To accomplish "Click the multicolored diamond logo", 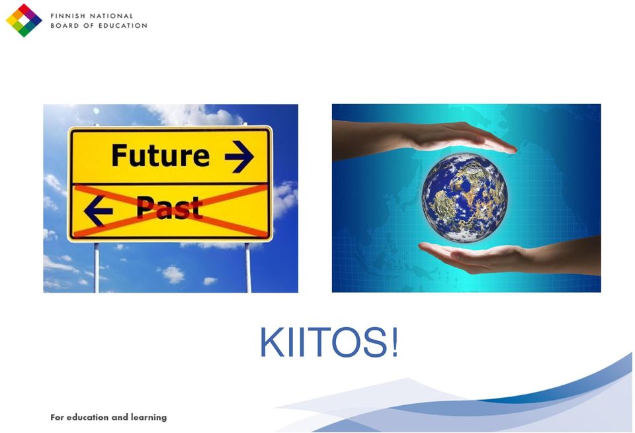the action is (x=24, y=21).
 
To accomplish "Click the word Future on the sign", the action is (x=160, y=156).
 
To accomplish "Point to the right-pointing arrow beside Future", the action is (x=239, y=156).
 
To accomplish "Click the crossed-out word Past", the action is (x=169, y=208).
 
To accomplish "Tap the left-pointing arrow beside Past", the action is (x=99, y=211).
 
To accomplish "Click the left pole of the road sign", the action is (x=97, y=267).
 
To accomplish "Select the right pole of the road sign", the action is (x=248, y=267).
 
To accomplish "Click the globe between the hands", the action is (x=464, y=197).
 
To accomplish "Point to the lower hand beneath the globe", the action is (x=509, y=256).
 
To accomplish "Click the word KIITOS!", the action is (x=329, y=342).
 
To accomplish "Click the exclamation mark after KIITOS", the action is (x=394, y=342).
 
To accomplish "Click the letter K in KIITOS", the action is (x=273, y=342).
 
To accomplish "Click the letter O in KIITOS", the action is (x=347, y=342).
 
